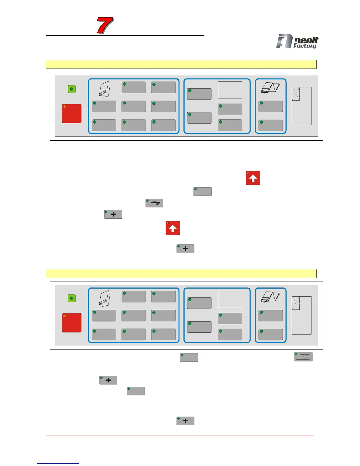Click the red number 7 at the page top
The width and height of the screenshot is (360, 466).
[105, 25]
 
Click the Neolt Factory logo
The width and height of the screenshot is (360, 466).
[297, 41]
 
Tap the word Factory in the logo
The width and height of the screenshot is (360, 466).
[305, 46]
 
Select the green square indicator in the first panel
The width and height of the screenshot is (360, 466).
[72, 89]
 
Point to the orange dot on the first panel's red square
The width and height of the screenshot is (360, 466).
[65, 107]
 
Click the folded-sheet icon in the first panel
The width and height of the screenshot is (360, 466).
[105, 89]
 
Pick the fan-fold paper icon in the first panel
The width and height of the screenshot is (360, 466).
[270, 88]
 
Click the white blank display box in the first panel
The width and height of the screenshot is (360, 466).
[230, 90]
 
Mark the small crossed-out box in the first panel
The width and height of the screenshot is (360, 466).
[296, 94]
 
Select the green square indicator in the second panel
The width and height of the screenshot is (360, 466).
[72, 298]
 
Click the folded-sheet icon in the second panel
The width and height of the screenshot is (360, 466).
[105, 298]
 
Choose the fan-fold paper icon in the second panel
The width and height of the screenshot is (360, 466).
[270, 297]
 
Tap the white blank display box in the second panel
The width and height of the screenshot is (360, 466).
[230, 299]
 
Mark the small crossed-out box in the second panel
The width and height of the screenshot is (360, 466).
[296, 303]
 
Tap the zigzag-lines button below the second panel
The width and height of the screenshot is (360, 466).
[303, 357]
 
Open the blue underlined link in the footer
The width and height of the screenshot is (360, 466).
[58, 463]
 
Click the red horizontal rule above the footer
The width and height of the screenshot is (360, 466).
[180, 435]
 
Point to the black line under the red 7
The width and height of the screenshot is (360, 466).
[125, 36]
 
